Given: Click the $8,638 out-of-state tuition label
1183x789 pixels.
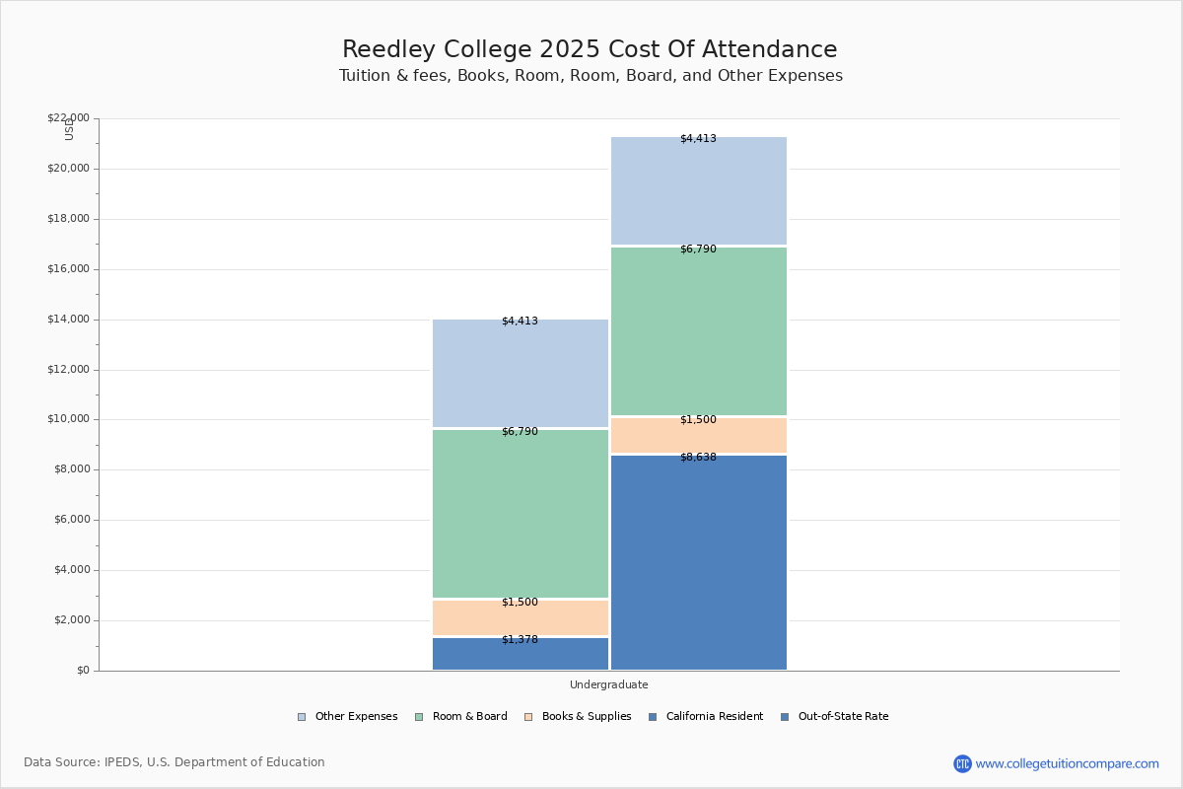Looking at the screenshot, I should tap(698, 458).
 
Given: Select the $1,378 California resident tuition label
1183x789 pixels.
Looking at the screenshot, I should tap(520, 640).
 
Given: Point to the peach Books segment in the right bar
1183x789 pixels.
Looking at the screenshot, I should tap(698, 436).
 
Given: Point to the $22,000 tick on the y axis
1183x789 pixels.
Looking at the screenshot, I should tap(68, 118).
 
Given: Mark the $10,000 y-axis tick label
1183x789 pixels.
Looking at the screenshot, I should tap(68, 419).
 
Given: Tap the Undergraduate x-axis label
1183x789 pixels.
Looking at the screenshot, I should tap(608, 684).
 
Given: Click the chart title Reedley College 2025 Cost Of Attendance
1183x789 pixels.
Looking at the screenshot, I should tap(590, 50).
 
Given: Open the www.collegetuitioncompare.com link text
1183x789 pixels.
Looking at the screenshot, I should tap(1067, 763).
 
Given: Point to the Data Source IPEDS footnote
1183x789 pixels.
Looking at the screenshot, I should tap(174, 762).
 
